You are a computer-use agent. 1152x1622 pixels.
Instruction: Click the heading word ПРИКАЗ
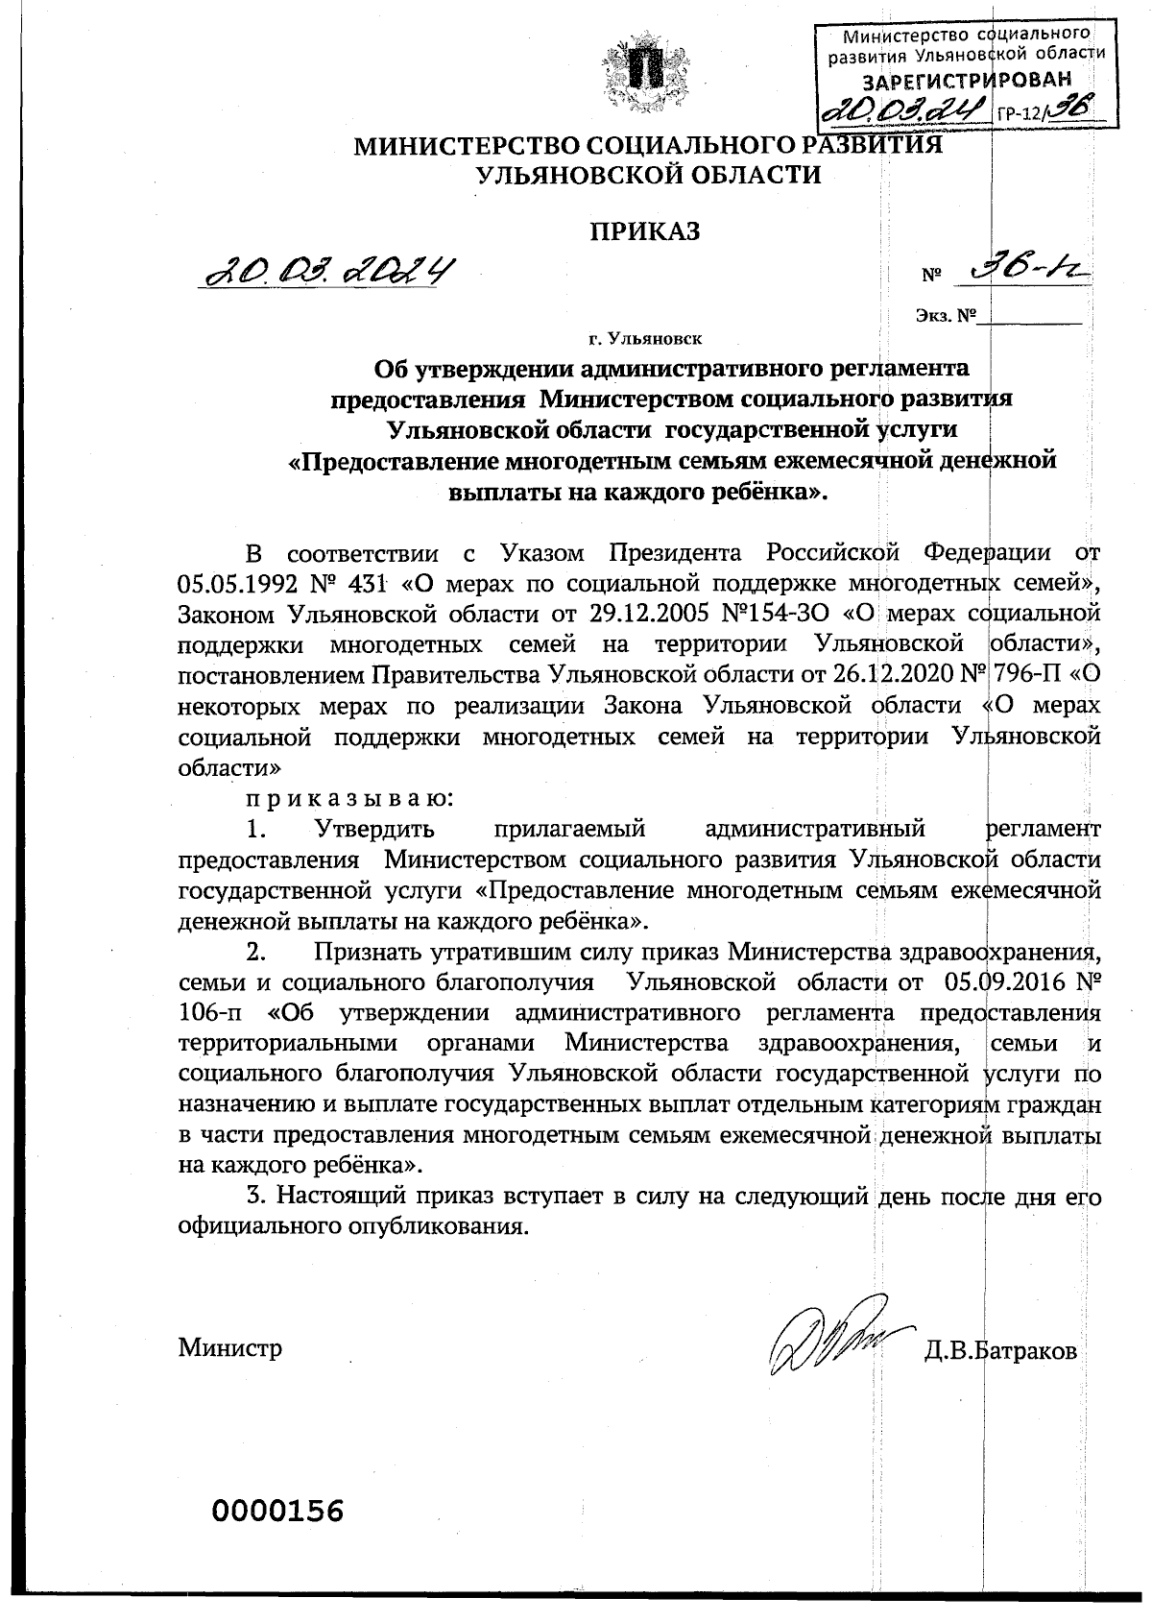point(646,231)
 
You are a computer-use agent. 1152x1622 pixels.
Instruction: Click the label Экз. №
point(946,315)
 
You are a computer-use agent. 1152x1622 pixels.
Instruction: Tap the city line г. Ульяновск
point(645,338)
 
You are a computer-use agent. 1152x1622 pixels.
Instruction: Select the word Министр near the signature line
point(230,1347)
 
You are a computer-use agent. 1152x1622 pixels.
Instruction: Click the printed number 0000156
point(277,1511)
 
